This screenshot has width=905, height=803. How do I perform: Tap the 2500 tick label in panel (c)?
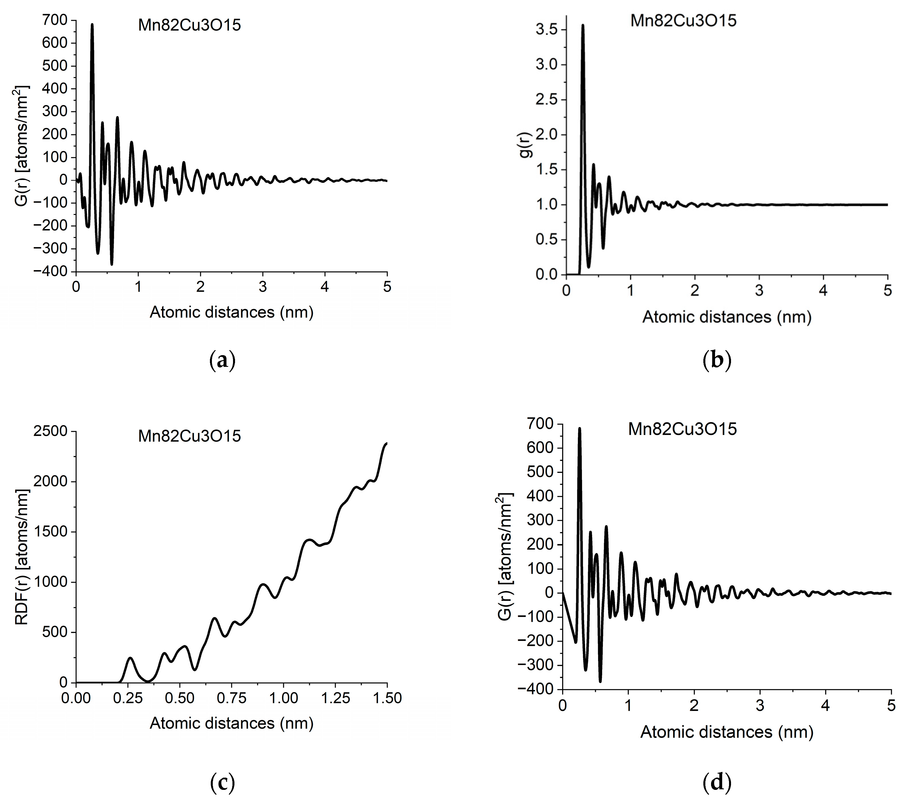50,431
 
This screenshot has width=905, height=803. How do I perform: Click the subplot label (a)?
222,360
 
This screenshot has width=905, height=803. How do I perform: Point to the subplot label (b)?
717,360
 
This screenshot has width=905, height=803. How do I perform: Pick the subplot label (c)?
222,783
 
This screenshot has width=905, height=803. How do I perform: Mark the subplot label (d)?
717,783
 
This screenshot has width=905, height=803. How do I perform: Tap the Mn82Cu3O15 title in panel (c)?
189,436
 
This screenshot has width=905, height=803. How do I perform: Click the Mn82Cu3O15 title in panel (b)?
683,21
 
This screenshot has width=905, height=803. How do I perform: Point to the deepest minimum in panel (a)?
112,264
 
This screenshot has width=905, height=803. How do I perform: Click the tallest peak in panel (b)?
583,26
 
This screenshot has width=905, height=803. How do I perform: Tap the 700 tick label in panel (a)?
55,20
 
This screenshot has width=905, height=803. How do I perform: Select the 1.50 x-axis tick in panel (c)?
387,699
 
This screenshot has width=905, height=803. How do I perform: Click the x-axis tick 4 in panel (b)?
823,291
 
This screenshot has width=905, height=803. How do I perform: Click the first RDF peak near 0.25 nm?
130,658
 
